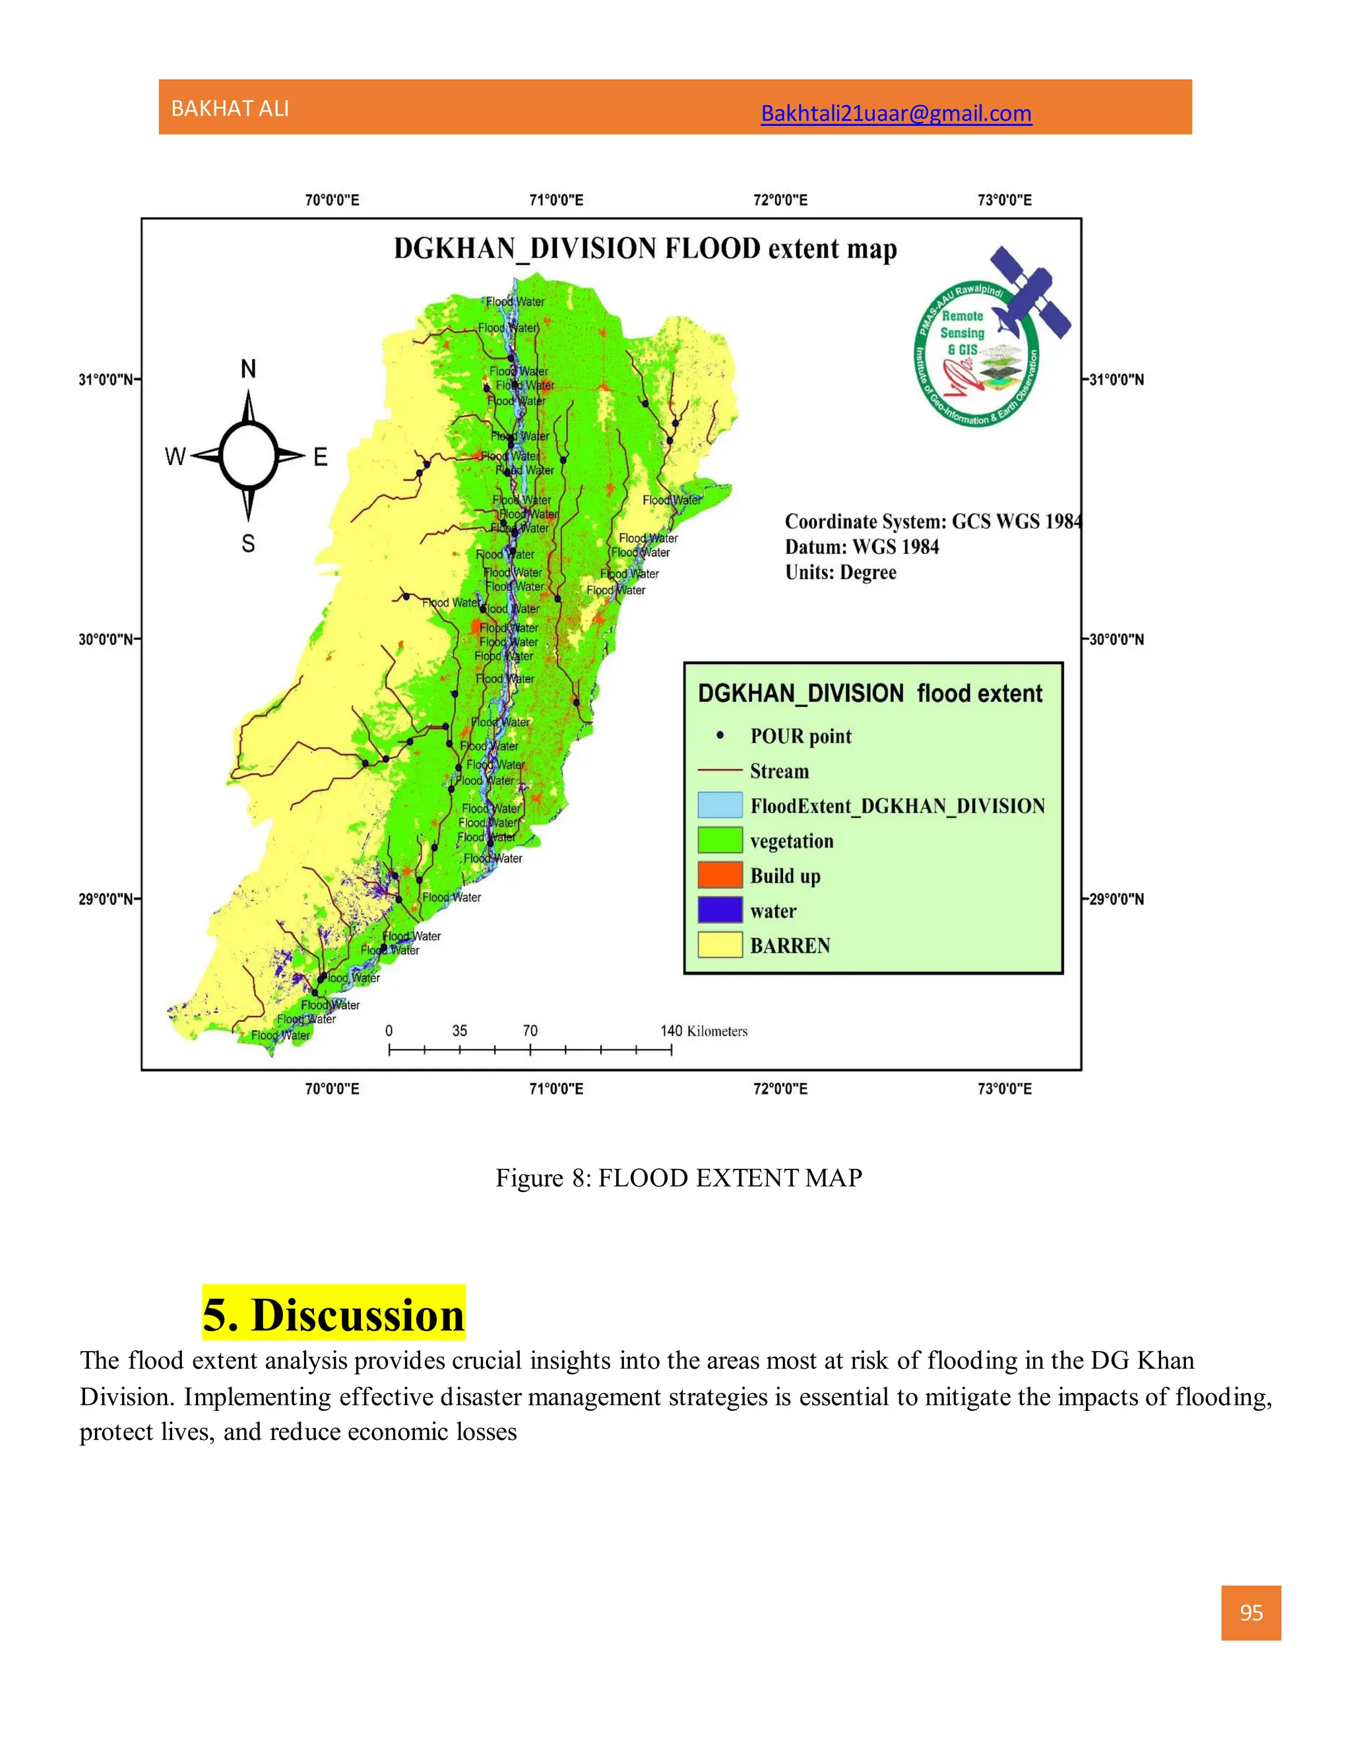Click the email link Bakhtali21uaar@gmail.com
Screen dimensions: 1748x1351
point(896,113)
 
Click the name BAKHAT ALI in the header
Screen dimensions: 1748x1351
point(230,109)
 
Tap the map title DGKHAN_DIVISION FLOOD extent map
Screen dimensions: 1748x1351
point(645,249)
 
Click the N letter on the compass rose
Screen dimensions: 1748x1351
point(249,369)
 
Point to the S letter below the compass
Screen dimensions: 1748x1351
point(248,544)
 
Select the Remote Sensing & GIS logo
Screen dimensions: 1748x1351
point(988,340)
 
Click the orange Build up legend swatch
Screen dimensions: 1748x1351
point(720,875)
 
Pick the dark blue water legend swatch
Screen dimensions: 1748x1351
point(720,910)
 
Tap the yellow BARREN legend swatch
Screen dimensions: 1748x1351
point(720,945)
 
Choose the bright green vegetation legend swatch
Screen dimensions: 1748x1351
point(720,840)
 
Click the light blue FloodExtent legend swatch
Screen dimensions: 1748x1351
point(720,805)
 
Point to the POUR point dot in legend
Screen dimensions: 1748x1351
point(720,735)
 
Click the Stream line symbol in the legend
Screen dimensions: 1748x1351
point(720,770)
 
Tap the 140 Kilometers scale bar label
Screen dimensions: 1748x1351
point(703,1031)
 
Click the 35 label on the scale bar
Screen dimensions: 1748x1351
point(459,1031)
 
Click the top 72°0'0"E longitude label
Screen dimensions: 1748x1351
point(780,200)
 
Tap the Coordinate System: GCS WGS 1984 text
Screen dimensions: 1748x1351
point(932,522)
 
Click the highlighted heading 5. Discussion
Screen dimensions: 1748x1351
point(333,1315)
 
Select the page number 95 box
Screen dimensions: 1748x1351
point(1250,1613)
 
